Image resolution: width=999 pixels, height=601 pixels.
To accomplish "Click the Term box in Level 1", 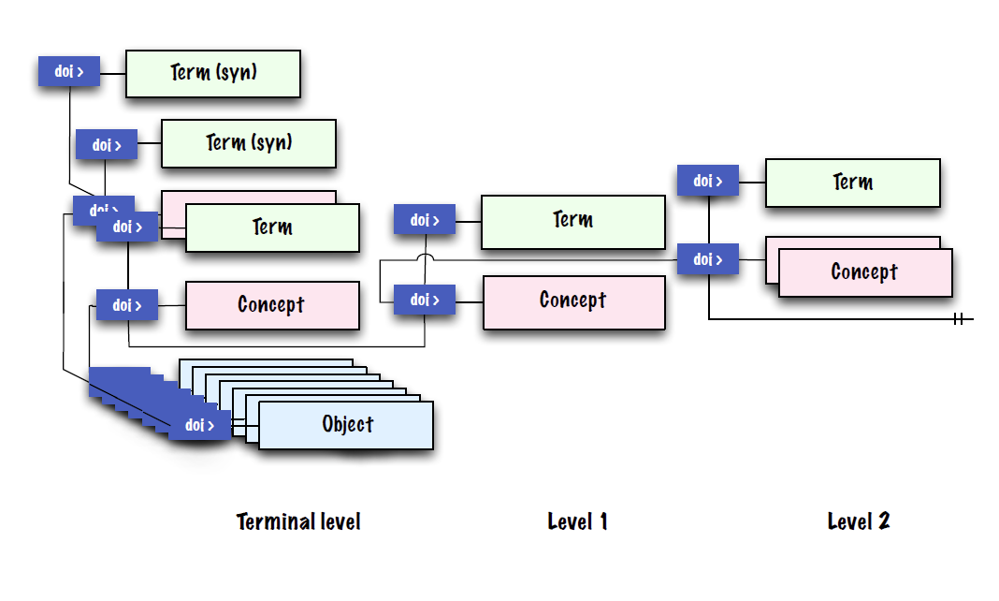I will point(572,222).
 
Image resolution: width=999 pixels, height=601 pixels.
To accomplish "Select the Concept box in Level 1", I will point(573,302).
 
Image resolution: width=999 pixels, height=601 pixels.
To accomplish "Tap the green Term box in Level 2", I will point(852,183).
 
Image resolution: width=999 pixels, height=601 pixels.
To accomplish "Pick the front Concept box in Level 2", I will point(864,272).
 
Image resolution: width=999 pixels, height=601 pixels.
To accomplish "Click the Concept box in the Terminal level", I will point(271,305).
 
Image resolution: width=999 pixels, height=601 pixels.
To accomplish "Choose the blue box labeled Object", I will point(346,425).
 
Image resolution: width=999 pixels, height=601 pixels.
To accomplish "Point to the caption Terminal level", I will point(298,521).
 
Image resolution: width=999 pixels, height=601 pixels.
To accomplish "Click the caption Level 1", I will point(577,521).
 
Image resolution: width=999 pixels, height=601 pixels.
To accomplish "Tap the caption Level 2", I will point(858,521).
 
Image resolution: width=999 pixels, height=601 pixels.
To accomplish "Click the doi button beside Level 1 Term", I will point(425,221).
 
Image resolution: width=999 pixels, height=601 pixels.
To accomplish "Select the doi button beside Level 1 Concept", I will point(425,300).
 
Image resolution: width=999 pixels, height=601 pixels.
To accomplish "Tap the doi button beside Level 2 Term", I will point(707,181).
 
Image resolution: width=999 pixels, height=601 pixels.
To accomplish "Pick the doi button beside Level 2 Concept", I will point(707,259).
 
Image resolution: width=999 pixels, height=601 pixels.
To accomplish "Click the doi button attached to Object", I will point(199,425).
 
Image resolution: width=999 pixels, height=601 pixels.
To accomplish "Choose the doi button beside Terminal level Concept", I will point(127,305).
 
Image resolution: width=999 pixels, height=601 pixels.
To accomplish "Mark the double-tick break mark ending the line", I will point(959,319).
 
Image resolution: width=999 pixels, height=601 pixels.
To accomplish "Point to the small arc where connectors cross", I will point(426,257).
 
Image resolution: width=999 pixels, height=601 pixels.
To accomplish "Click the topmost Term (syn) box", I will point(213,74).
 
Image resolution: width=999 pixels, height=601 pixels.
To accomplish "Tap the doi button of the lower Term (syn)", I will point(106,145).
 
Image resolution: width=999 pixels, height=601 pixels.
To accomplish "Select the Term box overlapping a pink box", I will point(272,227).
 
